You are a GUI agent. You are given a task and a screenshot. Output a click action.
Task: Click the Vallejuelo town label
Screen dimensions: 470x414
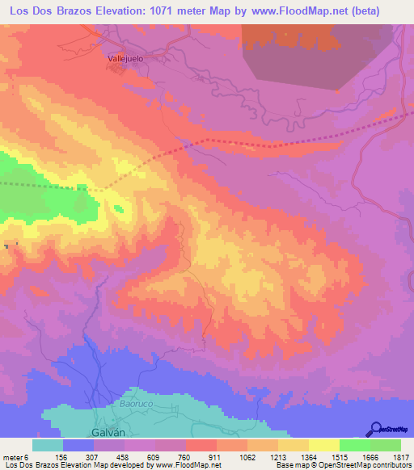pos(125,58)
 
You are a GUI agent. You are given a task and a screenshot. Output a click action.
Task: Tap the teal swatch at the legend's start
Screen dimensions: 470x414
pos(48,445)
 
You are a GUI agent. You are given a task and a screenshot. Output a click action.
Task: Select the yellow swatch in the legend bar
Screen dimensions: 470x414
pos(323,445)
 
